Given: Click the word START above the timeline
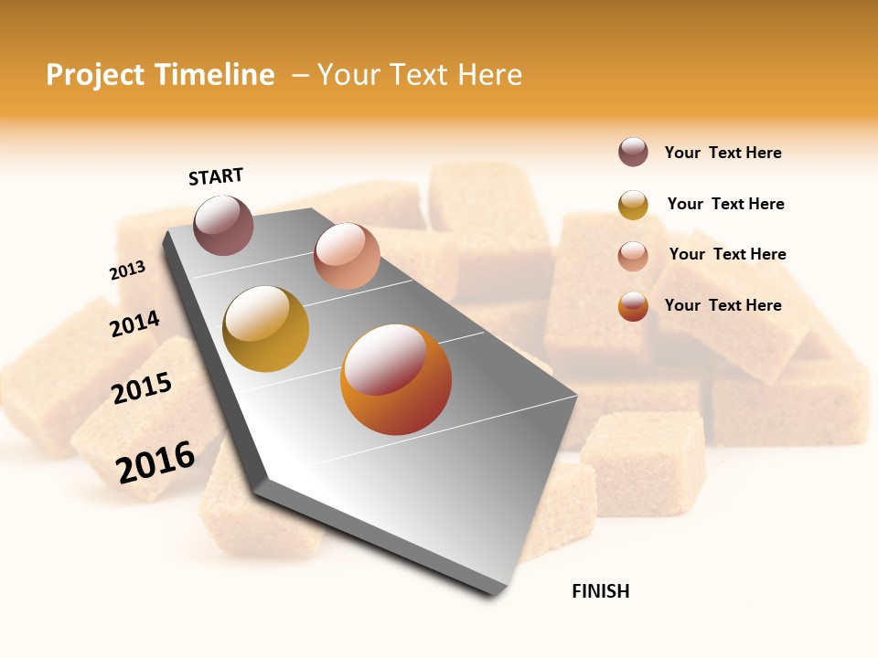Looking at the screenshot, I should [216, 176].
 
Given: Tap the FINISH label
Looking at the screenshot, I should [600, 591].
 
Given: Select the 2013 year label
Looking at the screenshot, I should [127, 271].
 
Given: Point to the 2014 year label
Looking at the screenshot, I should [134, 324].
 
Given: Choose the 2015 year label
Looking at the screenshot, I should [142, 388].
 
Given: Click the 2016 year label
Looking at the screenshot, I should [155, 462].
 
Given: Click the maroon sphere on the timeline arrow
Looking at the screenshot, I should [223, 225].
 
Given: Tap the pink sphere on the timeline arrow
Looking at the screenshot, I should [347, 256].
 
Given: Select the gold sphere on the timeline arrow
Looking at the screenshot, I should [265, 329].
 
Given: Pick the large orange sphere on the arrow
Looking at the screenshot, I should [396, 379].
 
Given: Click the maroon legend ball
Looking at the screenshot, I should [633, 153].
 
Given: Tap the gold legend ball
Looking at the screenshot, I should [633, 205].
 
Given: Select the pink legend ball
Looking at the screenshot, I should [633, 255].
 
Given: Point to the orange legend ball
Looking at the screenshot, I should [633, 306].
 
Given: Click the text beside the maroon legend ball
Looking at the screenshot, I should [723, 153].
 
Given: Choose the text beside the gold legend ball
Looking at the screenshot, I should [725, 204].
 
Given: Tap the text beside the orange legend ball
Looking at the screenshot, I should [723, 305].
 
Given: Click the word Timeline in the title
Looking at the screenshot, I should [213, 75].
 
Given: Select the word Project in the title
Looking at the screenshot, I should [95, 75].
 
